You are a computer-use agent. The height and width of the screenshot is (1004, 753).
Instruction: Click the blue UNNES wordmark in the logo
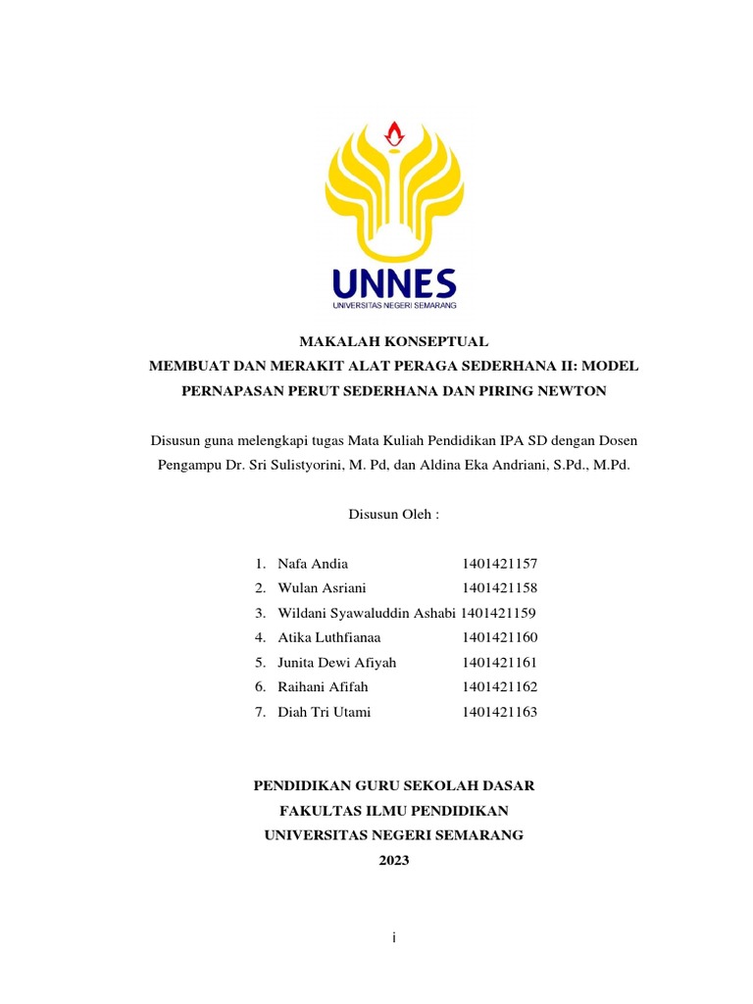point(393,283)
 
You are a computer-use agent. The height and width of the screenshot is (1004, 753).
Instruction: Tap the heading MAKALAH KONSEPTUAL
point(392,342)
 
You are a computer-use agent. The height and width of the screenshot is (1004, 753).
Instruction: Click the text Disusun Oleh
point(392,514)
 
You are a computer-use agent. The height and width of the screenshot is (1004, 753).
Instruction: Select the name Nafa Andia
point(313,564)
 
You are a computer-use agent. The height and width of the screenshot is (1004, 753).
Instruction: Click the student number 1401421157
point(500,564)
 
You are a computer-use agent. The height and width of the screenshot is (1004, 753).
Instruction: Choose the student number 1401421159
point(498,613)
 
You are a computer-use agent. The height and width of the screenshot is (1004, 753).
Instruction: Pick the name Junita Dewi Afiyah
point(337,663)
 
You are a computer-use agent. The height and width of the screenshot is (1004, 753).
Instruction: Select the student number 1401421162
point(500,687)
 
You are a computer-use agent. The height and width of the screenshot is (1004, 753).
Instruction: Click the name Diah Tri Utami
point(325,712)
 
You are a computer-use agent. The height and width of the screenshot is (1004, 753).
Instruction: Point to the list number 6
point(260,687)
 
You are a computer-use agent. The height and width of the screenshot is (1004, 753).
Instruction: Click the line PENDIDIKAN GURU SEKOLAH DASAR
point(394,786)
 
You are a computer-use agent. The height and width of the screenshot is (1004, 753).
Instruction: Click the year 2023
point(393,860)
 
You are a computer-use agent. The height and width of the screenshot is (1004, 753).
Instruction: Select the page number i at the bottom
point(393,938)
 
